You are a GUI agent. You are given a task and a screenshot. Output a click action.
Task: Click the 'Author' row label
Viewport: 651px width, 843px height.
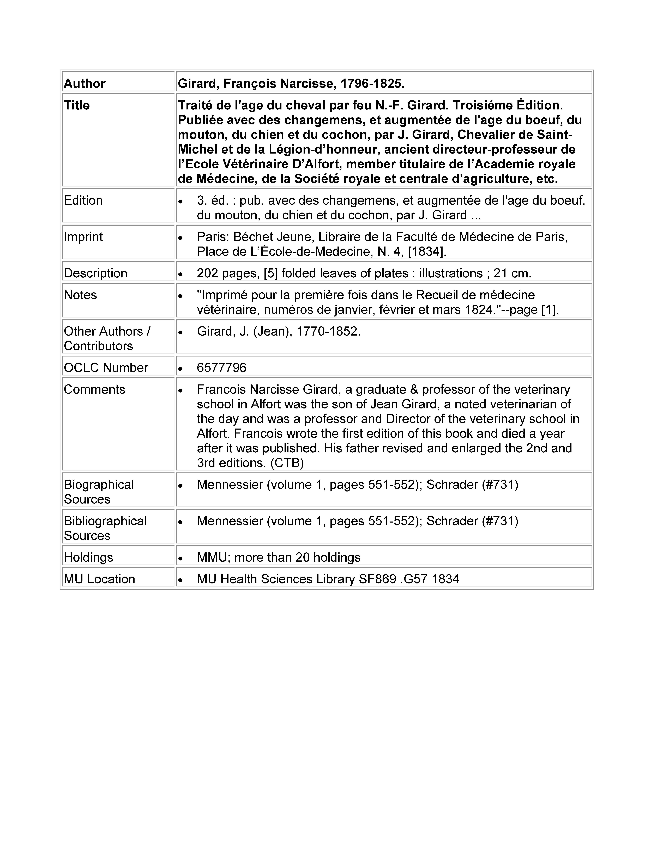(x=85, y=83)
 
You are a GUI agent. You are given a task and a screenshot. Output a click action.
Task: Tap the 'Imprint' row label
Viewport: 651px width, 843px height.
(x=83, y=237)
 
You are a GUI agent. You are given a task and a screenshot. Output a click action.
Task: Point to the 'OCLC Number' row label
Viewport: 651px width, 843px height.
(x=106, y=367)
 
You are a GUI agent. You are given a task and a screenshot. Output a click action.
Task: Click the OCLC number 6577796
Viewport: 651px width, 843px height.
(x=221, y=367)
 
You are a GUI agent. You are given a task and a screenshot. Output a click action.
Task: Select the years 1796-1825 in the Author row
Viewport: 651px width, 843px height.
(x=372, y=83)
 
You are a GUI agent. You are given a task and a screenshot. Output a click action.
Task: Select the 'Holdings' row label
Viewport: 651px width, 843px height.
(x=88, y=557)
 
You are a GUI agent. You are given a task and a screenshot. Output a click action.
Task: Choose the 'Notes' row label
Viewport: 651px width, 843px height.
(x=80, y=295)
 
